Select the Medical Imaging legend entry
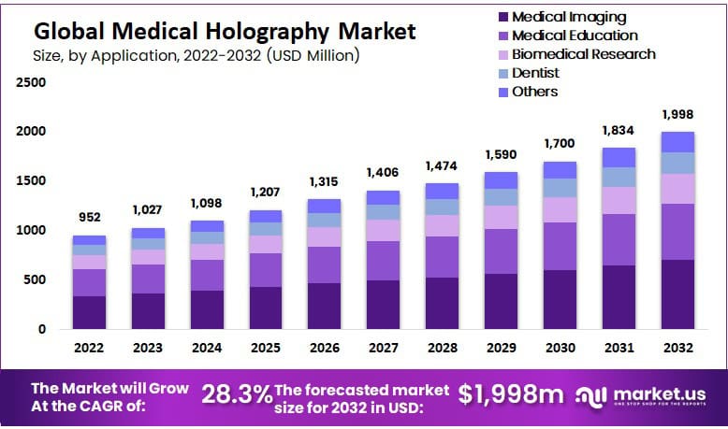pyautogui.click(x=569, y=17)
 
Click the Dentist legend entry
pyautogui.click(x=535, y=72)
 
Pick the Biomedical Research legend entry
pyautogui.click(x=583, y=53)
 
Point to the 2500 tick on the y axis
pyautogui.click(x=32, y=82)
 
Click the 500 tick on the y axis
pyautogui.click(x=36, y=279)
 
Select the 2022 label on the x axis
pyautogui.click(x=90, y=347)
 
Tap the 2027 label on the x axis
pyautogui.click(x=383, y=347)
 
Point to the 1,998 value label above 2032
pyautogui.click(x=677, y=114)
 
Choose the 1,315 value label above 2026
pyautogui.click(x=324, y=181)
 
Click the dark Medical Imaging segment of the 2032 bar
pyautogui.click(x=677, y=294)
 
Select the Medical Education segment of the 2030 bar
pyautogui.click(x=560, y=246)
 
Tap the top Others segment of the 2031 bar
pyautogui.click(x=619, y=157)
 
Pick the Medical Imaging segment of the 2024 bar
pyautogui.click(x=207, y=309)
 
